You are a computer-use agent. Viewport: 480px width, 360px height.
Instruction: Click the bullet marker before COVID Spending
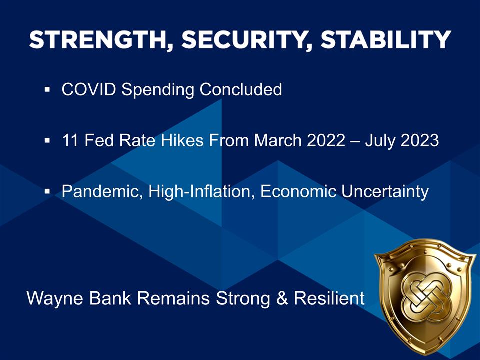tap(47, 91)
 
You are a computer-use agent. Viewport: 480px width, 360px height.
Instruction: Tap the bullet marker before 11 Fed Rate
tap(47, 142)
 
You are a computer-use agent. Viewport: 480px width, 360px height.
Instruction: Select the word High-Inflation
tap(203, 191)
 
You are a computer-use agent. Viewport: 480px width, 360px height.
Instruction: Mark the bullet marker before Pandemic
tap(47, 192)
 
